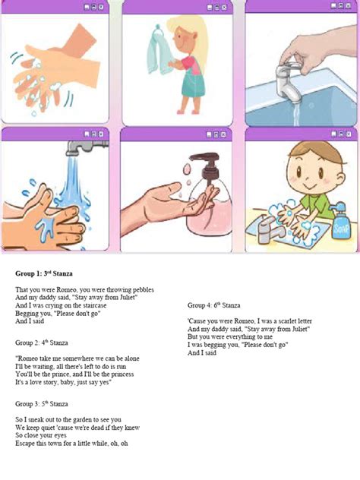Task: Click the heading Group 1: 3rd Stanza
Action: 43,273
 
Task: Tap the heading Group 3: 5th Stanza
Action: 43,403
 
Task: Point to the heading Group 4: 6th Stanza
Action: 216,305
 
